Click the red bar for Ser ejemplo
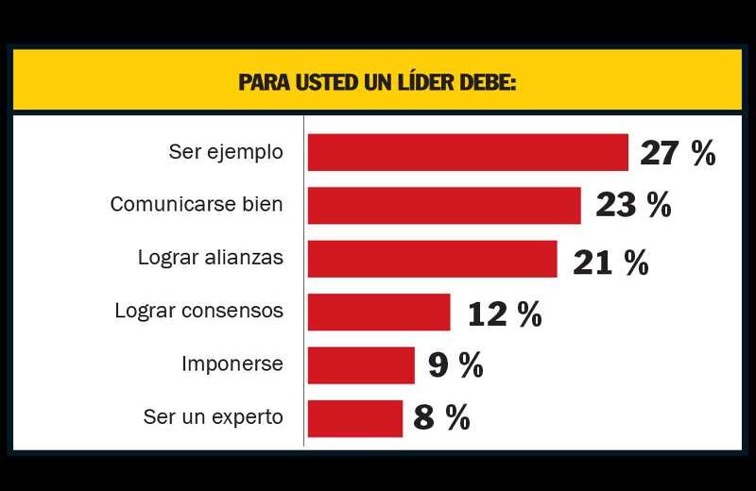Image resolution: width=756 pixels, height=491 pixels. click(x=468, y=152)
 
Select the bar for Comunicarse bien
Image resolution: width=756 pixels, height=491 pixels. click(x=444, y=205)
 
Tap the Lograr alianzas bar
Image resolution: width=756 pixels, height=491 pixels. click(x=432, y=259)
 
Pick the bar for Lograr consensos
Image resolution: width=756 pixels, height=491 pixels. click(x=379, y=312)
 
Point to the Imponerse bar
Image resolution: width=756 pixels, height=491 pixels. click(x=361, y=365)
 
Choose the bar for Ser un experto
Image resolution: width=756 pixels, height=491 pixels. click(x=355, y=418)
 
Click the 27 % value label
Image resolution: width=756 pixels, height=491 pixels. click(x=678, y=153)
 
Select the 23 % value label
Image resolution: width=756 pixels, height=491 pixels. click(x=633, y=206)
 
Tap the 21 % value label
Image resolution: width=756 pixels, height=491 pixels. click(x=610, y=262)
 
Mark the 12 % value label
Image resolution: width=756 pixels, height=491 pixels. click(x=505, y=314)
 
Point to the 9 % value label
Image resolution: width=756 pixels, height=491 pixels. click(x=455, y=365)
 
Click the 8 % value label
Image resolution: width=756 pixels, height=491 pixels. click(x=441, y=418)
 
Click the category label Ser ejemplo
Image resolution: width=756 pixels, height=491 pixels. click(x=226, y=152)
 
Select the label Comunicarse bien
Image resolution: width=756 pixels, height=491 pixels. click(x=197, y=204)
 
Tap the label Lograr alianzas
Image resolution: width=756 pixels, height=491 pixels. click(x=210, y=257)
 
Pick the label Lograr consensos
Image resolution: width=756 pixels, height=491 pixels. click(x=198, y=311)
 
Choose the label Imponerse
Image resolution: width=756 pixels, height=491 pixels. click(x=232, y=364)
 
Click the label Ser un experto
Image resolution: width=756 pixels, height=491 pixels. click(x=213, y=416)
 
